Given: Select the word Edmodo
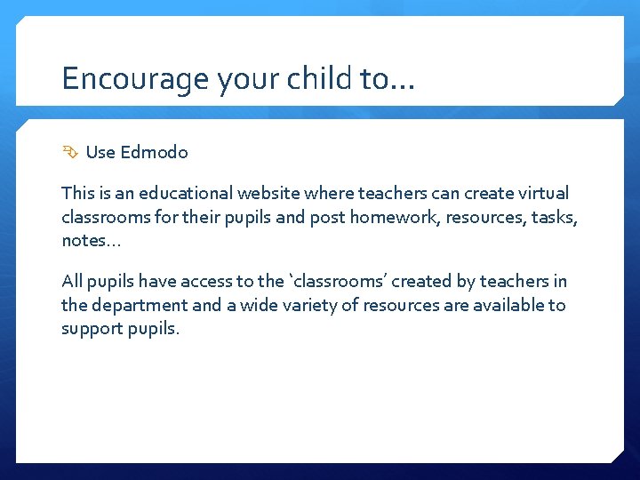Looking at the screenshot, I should pyautogui.click(x=154, y=152).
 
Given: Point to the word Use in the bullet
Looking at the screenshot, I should pyautogui.click(x=100, y=152).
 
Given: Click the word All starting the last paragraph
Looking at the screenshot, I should pyautogui.click(x=73, y=282).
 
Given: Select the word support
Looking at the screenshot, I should pyautogui.click(x=90, y=330).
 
